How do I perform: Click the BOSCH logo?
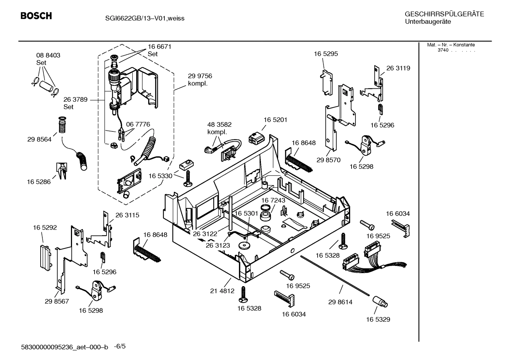(x=36, y=16)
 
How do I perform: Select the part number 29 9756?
(x=200, y=76)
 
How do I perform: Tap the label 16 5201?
(x=275, y=120)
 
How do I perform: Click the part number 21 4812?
(x=222, y=291)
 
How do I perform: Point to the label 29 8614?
(x=340, y=302)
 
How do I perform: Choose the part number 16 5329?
(x=378, y=319)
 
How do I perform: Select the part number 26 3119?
(x=398, y=68)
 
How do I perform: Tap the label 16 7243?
(x=273, y=200)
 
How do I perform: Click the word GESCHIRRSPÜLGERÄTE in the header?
(x=444, y=14)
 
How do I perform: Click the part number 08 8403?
(x=48, y=55)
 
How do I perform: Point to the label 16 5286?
(x=38, y=182)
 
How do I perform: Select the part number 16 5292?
(x=45, y=228)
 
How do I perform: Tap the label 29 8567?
(x=57, y=301)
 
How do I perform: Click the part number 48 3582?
(x=219, y=125)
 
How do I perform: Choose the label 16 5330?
(x=160, y=176)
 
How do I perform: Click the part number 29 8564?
(x=39, y=140)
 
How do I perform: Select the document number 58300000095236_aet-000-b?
(x=65, y=347)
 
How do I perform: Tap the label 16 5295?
(x=326, y=54)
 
